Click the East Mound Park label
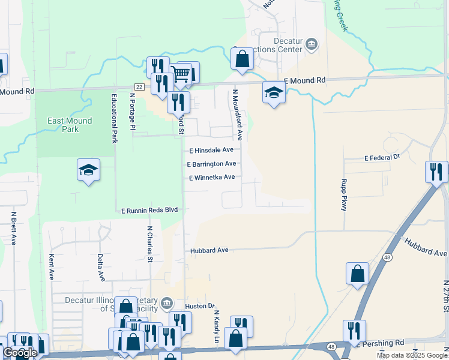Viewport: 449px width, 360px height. tap(70, 125)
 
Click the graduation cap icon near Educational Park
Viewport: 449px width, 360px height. tap(88, 170)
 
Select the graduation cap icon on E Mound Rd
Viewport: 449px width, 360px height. tap(273, 92)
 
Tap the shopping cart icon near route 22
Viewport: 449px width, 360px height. tap(181, 74)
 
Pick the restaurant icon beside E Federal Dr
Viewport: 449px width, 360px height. tap(436, 172)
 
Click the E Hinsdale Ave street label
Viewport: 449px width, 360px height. tap(211, 151)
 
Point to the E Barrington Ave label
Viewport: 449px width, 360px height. tap(211, 164)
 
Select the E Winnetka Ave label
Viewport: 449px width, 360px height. tap(211, 178)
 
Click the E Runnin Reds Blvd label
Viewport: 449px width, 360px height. tap(149, 211)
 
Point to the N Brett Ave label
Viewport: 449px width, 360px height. tap(13, 228)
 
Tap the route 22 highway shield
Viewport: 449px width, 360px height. tap(139, 87)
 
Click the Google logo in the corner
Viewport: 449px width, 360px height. tap(20, 353)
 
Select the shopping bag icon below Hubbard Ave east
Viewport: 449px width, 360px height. tap(357, 273)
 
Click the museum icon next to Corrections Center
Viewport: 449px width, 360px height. tap(311, 43)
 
